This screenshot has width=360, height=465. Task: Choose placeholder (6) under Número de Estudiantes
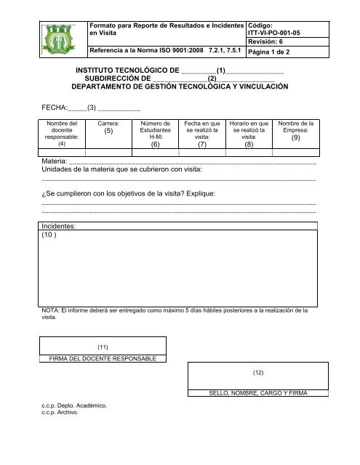[x=155, y=145]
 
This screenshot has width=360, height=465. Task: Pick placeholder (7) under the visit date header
[x=202, y=145]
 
